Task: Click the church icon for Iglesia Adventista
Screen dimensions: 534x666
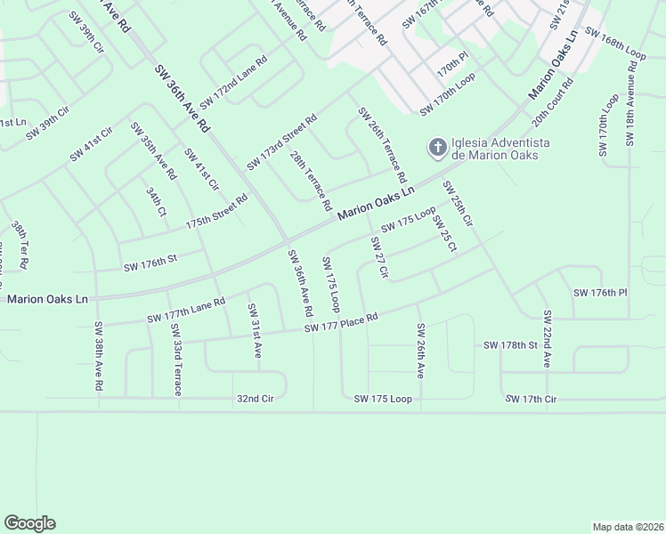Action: tap(437, 147)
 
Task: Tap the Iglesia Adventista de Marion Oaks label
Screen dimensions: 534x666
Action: tap(499, 148)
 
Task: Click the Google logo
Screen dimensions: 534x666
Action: tap(29, 523)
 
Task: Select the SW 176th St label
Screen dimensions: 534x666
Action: tap(150, 263)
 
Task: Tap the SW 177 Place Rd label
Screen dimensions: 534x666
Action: tap(341, 323)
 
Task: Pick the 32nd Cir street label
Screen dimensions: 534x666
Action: tap(255, 399)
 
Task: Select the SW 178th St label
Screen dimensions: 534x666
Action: tap(511, 344)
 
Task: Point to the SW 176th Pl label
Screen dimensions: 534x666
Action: tap(600, 293)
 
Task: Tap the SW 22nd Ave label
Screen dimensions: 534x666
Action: tap(548, 340)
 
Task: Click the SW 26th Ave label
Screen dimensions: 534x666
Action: tap(419, 352)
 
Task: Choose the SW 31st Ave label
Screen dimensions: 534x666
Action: tap(255, 330)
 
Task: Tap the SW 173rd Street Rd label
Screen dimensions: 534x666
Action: tap(282, 142)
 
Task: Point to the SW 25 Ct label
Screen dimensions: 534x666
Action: tap(444, 234)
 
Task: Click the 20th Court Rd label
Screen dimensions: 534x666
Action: tap(552, 103)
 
